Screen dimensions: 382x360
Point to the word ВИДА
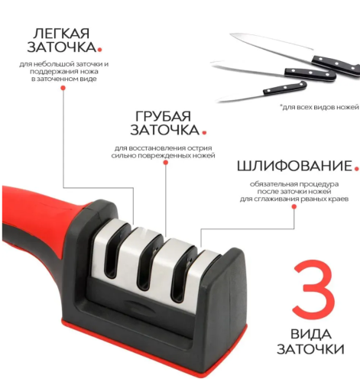[x=313, y=335]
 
